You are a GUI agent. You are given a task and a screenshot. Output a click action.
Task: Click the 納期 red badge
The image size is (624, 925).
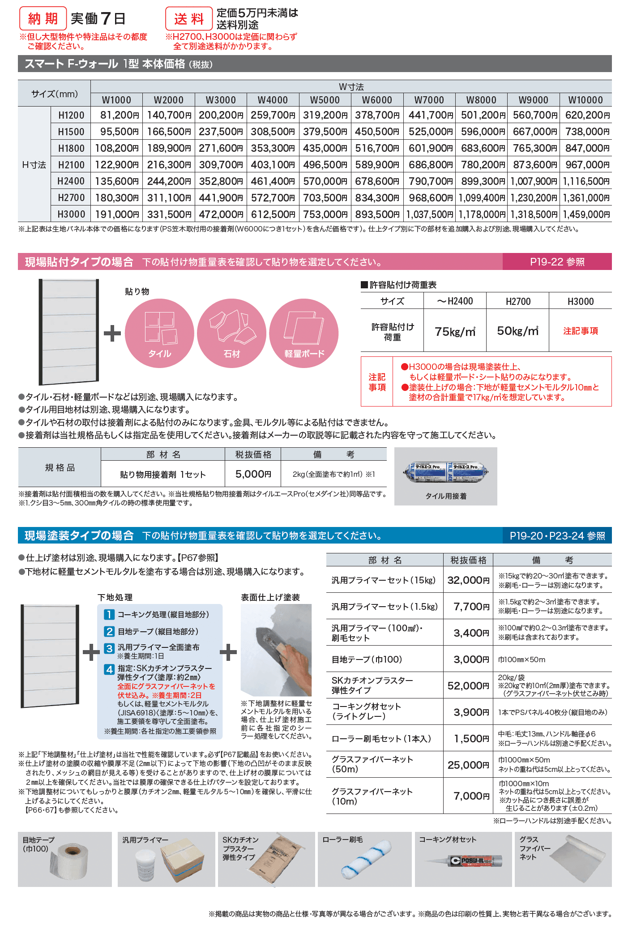43,18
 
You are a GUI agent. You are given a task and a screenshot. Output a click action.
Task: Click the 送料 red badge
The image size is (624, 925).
189,19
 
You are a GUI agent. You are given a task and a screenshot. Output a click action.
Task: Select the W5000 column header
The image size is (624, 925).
325,100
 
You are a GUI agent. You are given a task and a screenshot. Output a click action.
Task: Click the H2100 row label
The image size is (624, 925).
71,165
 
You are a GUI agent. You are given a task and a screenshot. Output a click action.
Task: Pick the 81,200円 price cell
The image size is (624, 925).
117,115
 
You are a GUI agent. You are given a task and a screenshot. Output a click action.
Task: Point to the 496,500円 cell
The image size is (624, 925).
325,165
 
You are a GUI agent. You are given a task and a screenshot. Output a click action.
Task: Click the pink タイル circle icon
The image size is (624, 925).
159,333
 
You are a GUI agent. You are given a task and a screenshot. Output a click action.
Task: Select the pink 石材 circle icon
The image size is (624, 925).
231,333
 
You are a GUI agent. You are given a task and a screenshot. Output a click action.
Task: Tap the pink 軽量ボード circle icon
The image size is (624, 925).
304,333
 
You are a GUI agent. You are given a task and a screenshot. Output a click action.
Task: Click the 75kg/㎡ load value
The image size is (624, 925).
455,331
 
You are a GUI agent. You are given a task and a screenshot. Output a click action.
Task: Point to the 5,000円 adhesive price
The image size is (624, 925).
253,474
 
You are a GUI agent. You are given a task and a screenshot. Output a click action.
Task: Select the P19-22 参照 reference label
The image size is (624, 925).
557,262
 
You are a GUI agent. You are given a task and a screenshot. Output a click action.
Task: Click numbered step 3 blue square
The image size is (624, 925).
109,648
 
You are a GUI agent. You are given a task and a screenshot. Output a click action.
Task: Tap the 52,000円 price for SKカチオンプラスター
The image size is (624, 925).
468,685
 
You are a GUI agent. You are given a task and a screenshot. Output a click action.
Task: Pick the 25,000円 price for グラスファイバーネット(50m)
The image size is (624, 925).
468,765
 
